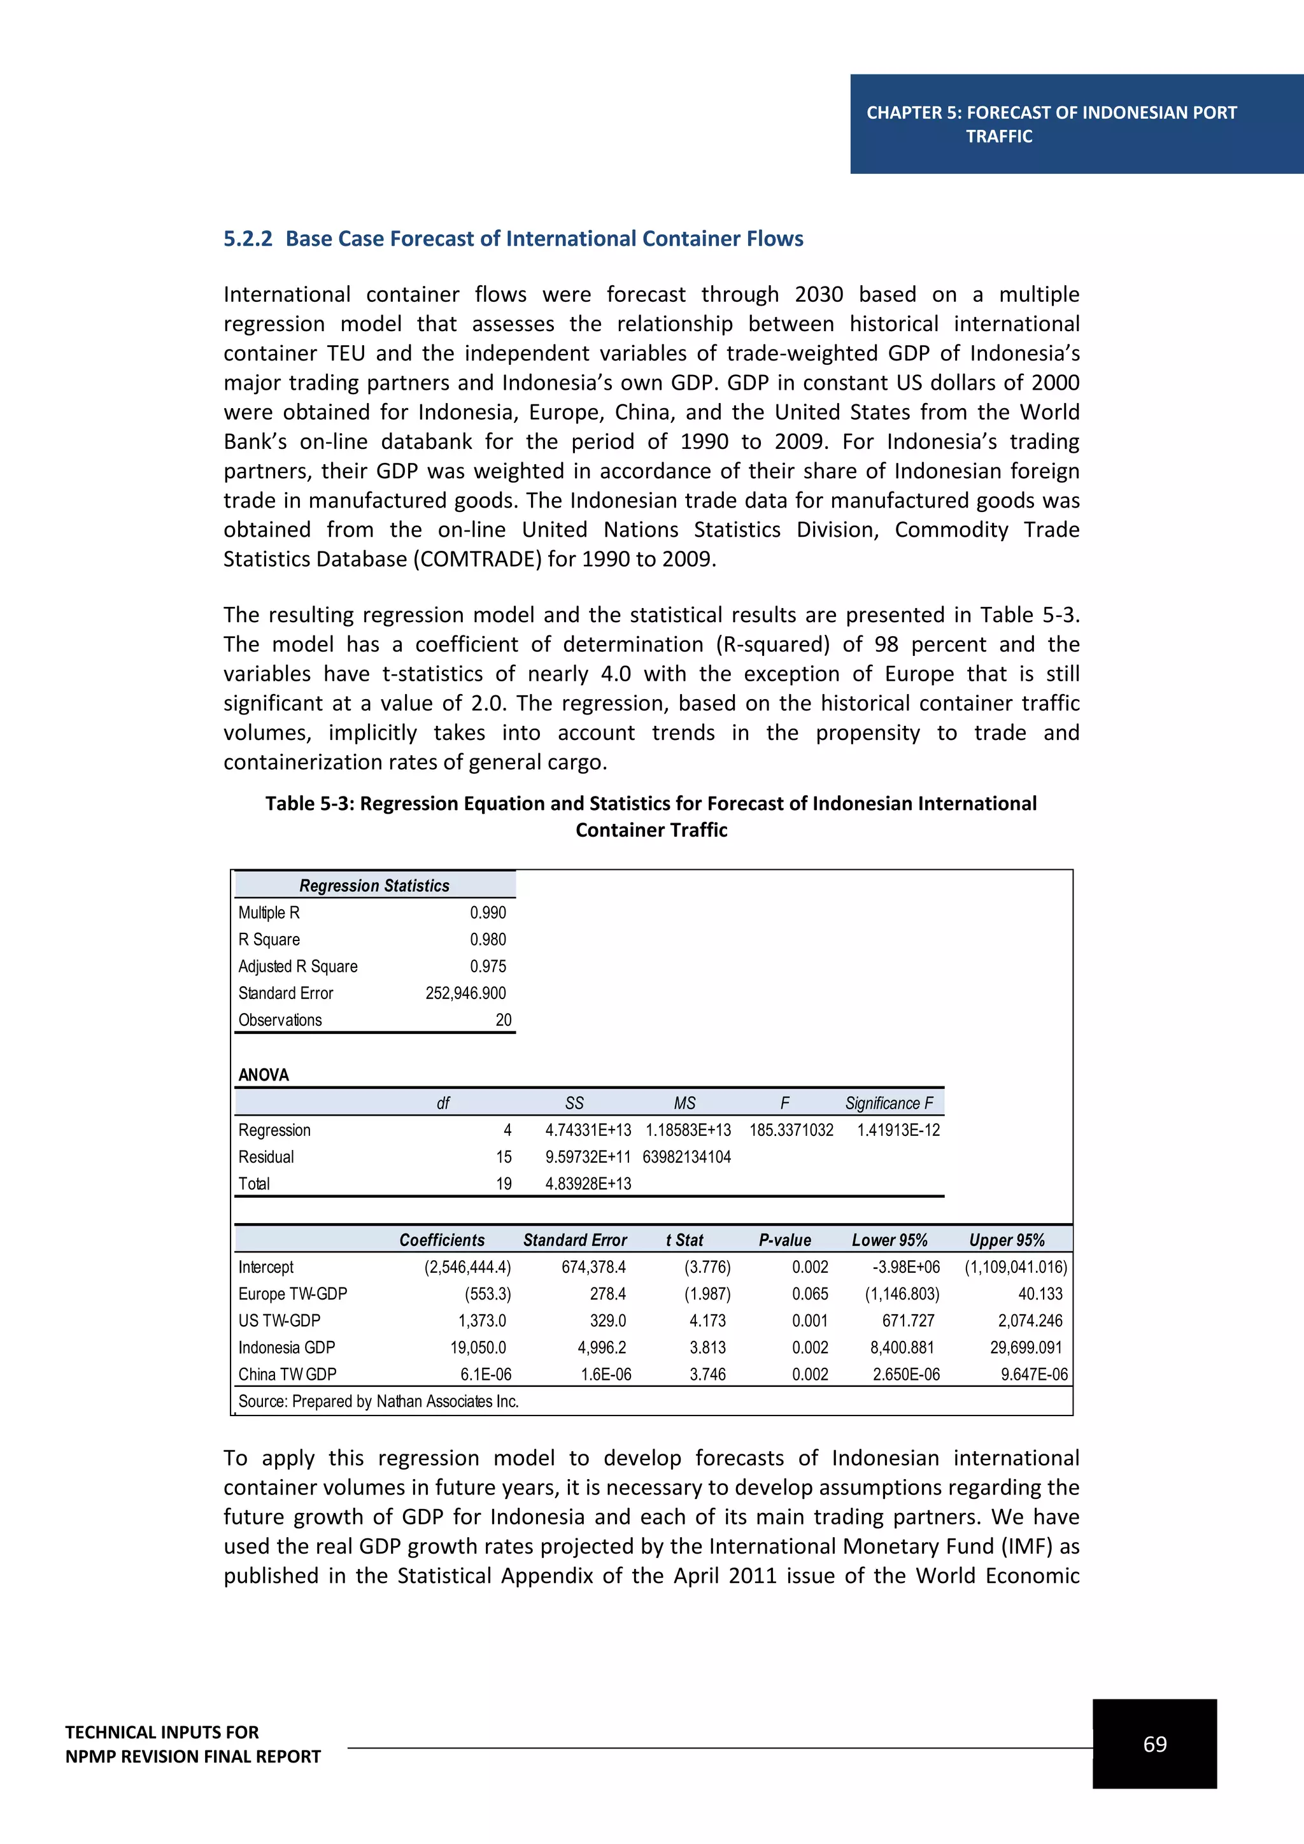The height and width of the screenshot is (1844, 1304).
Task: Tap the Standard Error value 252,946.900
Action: [465, 993]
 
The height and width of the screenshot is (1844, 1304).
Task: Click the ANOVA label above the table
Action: [264, 1075]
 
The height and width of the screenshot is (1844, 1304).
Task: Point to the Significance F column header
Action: [888, 1103]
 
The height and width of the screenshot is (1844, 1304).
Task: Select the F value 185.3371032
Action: [791, 1130]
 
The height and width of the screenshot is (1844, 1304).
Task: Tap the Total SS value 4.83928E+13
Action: [588, 1184]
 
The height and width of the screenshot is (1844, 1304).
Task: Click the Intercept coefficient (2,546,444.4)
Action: [467, 1267]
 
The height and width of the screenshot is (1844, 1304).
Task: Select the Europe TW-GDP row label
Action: [292, 1294]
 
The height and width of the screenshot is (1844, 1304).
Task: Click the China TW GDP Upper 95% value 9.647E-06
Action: [1033, 1374]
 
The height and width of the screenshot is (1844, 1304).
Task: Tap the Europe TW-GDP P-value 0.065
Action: [809, 1294]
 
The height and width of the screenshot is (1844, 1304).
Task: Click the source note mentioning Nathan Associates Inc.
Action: [378, 1401]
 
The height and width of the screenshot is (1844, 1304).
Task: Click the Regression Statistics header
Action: [374, 885]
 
